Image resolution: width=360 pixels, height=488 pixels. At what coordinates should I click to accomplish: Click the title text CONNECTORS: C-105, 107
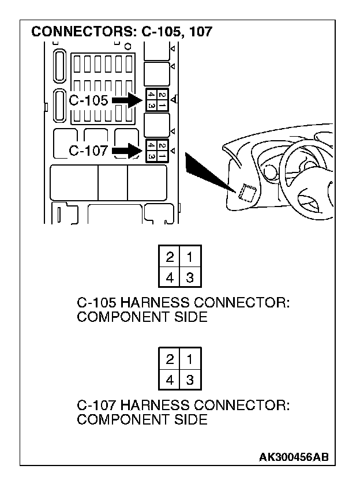pyautogui.click(x=122, y=32)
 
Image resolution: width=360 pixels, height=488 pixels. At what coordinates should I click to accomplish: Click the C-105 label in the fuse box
pyautogui.click(x=88, y=100)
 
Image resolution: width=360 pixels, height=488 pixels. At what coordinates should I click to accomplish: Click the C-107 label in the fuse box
pyautogui.click(x=88, y=151)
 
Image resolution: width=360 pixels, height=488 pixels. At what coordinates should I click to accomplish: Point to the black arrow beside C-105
pyautogui.click(x=127, y=100)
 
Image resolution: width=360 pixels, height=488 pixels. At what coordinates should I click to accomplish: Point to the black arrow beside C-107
pyautogui.click(x=127, y=151)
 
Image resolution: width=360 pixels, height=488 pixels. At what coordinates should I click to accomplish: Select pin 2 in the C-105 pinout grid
pyautogui.click(x=170, y=256)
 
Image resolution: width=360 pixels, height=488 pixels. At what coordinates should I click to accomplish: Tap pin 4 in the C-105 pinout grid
pyautogui.click(x=170, y=277)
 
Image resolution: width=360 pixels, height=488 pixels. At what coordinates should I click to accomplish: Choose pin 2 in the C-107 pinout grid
pyautogui.click(x=170, y=359)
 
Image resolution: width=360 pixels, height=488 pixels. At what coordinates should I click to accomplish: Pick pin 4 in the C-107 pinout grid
pyautogui.click(x=170, y=380)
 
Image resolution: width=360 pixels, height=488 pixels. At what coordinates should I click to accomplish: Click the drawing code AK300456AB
pyautogui.click(x=294, y=457)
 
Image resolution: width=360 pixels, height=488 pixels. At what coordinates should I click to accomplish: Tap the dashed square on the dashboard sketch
pyautogui.click(x=247, y=192)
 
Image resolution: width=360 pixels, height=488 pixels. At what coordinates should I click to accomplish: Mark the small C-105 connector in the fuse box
pyautogui.click(x=157, y=100)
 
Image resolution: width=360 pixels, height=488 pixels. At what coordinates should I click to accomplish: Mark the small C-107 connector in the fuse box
pyautogui.click(x=157, y=151)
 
